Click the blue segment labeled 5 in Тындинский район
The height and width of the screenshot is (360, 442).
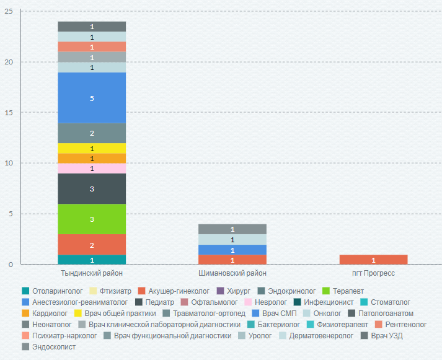click(92, 98)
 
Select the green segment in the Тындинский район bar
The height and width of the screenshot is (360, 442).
click(92, 219)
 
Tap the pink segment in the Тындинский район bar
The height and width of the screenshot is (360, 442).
click(92, 169)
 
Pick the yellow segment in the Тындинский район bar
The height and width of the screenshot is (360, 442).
click(92, 149)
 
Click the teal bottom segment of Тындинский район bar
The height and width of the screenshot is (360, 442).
click(92, 260)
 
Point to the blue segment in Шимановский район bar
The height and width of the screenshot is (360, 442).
click(232, 250)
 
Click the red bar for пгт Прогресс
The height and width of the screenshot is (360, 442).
click(373, 260)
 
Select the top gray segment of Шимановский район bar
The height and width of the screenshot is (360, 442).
click(232, 229)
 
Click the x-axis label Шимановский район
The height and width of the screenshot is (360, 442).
click(232, 273)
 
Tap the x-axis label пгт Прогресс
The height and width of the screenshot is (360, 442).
click(373, 273)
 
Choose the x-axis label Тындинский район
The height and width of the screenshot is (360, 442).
click(92, 273)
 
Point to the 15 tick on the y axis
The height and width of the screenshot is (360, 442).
click(9, 113)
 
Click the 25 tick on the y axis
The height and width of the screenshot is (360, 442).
click(9, 11)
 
